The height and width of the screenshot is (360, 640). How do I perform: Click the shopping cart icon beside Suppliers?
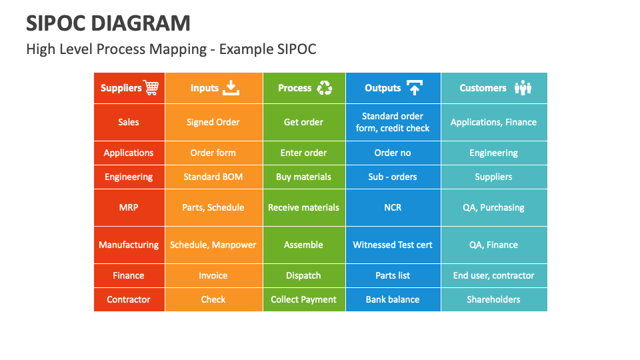tap(151, 88)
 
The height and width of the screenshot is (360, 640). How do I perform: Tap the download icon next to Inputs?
tap(231, 88)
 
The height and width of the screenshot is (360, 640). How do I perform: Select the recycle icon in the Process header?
tap(325, 88)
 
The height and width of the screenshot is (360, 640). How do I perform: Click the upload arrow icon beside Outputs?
tap(414, 88)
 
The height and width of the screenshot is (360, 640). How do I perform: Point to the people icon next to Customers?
tap(523, 88)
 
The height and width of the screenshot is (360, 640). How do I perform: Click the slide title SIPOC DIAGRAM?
tap(108, 23)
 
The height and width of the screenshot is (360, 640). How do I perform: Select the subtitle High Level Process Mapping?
tap(171, 49)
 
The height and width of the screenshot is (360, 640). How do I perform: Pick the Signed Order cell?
tap(213, 122)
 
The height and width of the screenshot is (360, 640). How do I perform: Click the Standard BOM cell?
tap(213, 177)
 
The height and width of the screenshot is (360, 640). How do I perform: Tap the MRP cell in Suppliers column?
tap(129, 207)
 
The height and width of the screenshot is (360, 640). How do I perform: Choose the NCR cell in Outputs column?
tap(393, 207)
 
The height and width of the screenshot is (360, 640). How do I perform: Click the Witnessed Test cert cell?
tap(393, 245)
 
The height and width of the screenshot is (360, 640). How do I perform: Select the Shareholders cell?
tap(493, 299)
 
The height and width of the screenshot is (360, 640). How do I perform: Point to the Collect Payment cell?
tap(303, 299)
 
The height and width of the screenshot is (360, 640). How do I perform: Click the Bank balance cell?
tap(393, 299)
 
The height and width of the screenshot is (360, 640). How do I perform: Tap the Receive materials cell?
tap(303, 207)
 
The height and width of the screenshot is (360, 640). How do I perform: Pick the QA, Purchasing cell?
tap(493, 207)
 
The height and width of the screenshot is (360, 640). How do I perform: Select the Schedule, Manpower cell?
tap(213, 245)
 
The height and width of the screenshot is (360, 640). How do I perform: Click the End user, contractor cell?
tap(493, 275)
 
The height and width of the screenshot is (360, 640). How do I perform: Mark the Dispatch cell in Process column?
tap(303, 275)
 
